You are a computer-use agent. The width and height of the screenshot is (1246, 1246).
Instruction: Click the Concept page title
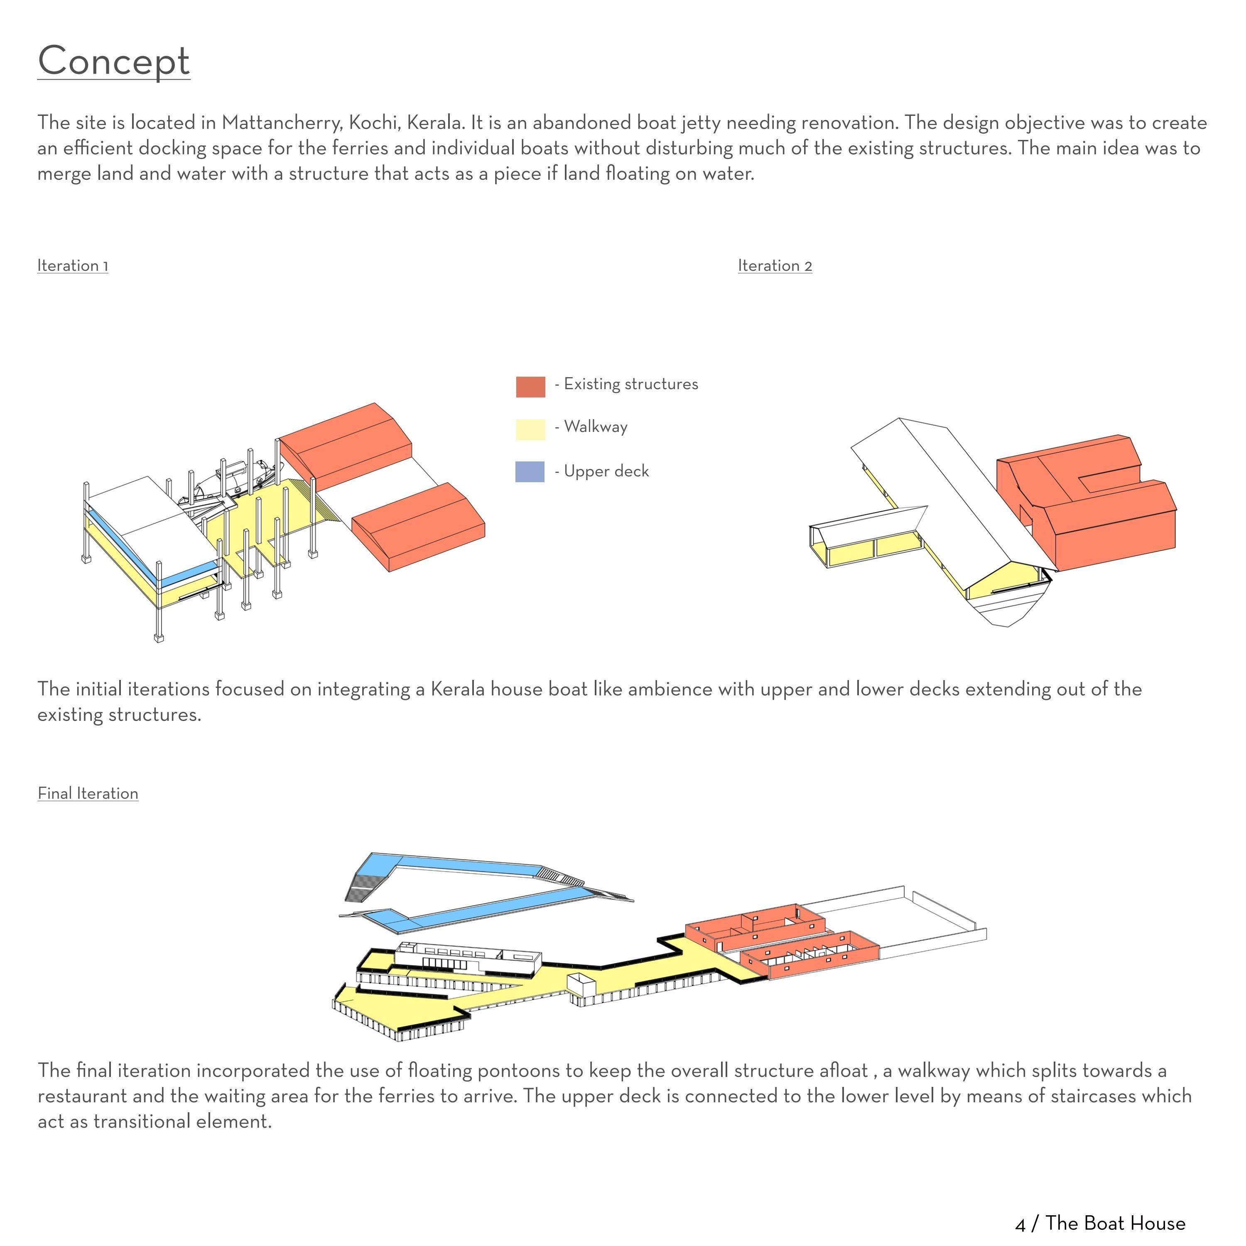point(113,61)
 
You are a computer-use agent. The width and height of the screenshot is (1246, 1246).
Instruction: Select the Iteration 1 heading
point(72,266)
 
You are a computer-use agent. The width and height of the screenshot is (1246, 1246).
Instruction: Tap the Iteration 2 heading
point(775,266)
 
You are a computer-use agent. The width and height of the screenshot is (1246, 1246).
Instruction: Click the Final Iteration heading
point(88,793)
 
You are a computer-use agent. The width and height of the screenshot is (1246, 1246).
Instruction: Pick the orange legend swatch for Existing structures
point(530,386)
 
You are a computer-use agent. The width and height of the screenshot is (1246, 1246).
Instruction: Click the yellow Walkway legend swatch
point(530,429)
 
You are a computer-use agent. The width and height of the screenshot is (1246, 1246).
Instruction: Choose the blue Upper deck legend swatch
point(530,471)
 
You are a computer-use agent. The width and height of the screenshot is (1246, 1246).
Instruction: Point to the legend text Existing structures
point(631,384)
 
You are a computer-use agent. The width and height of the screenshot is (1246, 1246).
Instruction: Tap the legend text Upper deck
point(606,471)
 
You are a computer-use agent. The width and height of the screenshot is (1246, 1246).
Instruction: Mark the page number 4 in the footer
point(1020,1224)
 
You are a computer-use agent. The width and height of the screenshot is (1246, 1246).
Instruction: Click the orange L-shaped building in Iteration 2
point(1090,503)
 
